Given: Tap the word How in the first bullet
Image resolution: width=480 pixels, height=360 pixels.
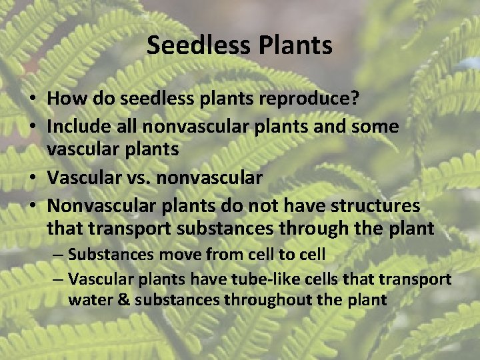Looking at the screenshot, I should [x=61, y=99].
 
